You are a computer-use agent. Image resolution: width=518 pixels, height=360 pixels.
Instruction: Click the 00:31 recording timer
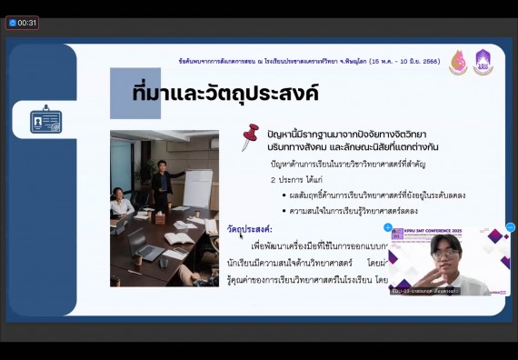pos(23,23)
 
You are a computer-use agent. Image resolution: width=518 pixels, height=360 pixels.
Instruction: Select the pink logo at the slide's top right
pos(458,63)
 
